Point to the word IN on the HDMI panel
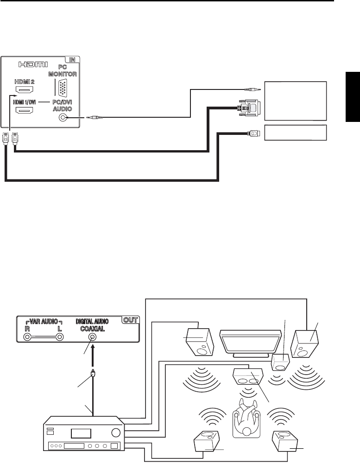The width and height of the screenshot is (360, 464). [x=72, y=60]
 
